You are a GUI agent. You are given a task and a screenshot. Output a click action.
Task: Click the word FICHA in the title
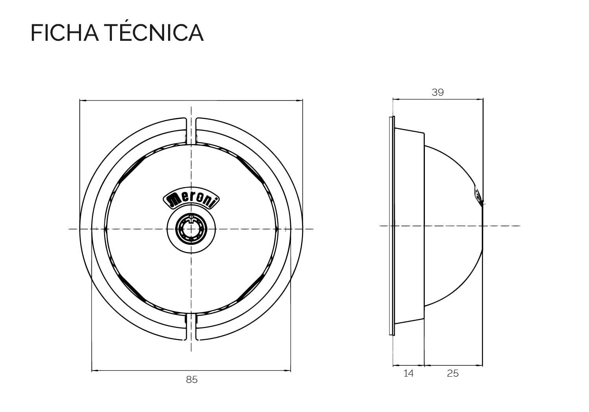coord(65,33)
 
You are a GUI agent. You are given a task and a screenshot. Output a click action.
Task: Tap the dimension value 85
coord(192,380)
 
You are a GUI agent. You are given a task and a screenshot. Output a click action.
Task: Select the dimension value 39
coord(438,92)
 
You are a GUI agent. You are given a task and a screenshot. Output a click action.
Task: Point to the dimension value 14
coord(409,374)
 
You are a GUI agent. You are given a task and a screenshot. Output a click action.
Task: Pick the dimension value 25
coord(453,374)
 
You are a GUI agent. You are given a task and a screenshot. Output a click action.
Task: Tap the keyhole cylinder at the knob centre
coord(191,229)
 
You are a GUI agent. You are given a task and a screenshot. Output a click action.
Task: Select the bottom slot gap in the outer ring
coord(191,326)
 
